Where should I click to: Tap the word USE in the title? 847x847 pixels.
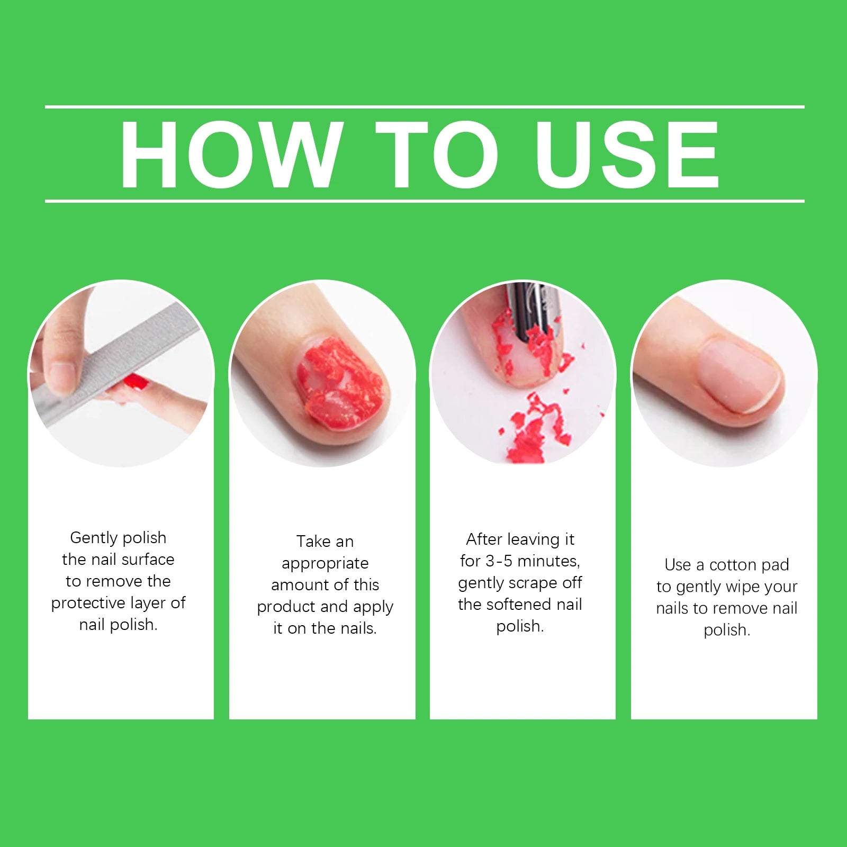[x=627, y=154]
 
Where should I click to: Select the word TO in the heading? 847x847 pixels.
[x=437, y=154]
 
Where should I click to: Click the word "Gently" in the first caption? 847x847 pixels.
[x=93, y=538]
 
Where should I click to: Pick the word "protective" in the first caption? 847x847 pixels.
[x=88, y=603]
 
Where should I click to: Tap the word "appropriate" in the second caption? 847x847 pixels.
[x=325, y=563]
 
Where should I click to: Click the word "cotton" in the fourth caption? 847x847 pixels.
[x=733, y=565]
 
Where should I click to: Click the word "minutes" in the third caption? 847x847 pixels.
[x=548, y=561]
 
